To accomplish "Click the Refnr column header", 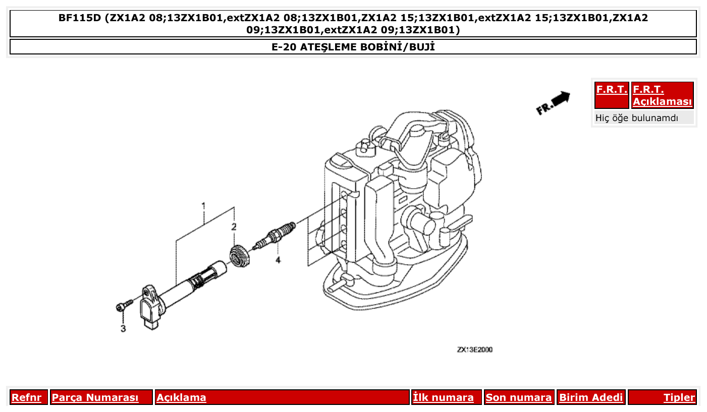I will pyautogui.click(x=26, y=397).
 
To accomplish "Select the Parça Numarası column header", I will pyautogui.click(x=95, y=397).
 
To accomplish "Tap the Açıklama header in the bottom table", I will pyautogui.click(x=181, y=397).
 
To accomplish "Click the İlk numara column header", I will pyautogui.click(x=443, y=397).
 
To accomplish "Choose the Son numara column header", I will pyautogui.click(x=518, y=397).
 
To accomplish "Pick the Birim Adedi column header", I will pyautogui.click(x=591, y=397).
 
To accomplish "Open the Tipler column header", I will pyautogui.click(x=679, y=397).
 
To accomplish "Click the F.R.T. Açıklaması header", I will pyautogui.click(x=662, y=95).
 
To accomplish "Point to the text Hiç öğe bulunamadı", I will pyautogui.click(x=636, y=118).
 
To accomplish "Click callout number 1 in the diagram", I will pyautogui.click(x=203, y=206).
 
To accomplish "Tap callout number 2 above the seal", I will pyautogui.click(x=234, y=227).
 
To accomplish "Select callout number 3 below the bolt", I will pyautogui.click(x=123, y=329).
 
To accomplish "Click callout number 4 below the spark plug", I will pyautogui.click(x=278, y=260).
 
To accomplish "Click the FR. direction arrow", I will pyautogui.click(x=553, y=102).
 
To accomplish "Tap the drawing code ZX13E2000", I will pyautogui.click(x=475, y=349).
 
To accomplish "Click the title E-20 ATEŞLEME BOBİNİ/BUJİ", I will pyautogui.click(x=353, y=47).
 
